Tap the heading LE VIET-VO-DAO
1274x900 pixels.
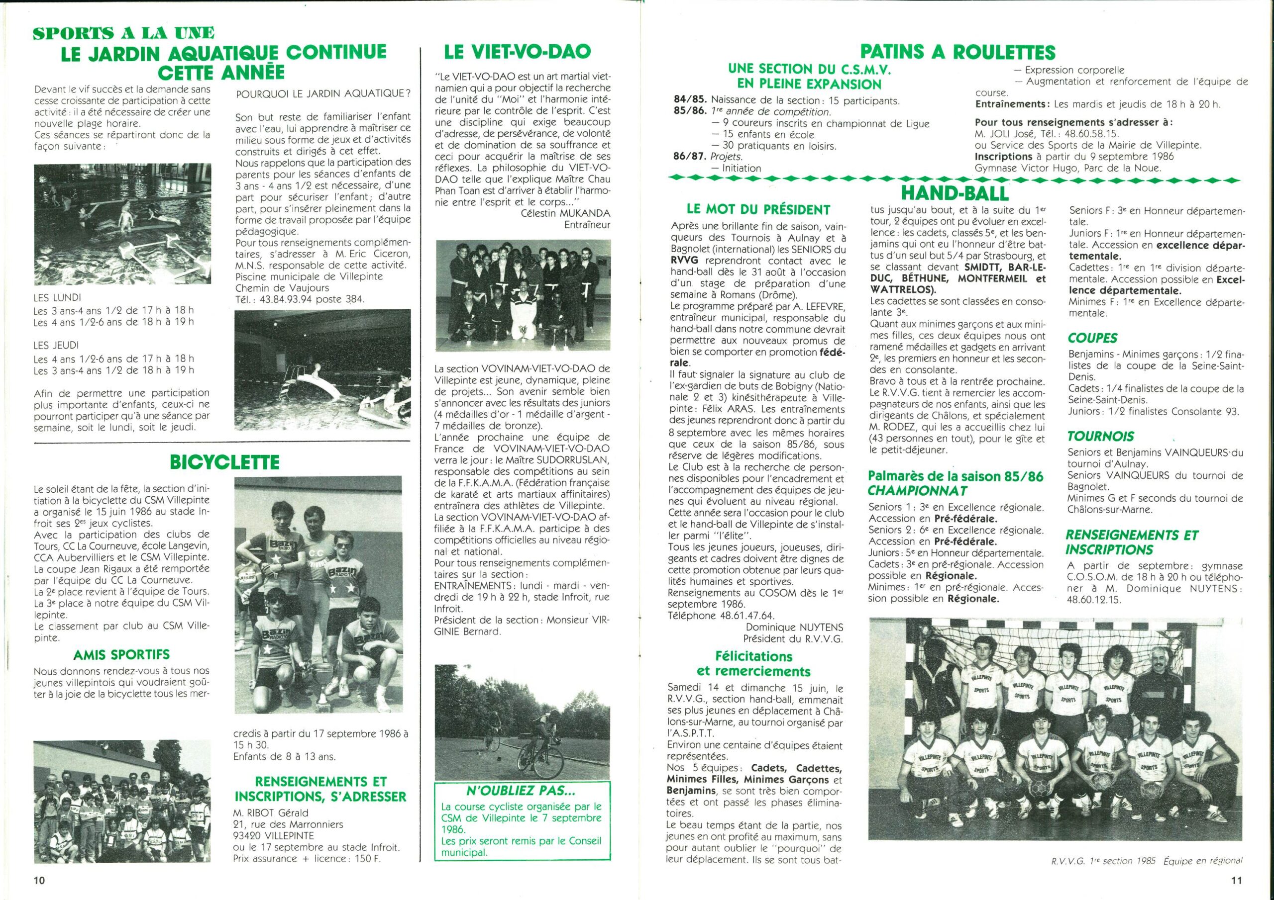(517, 52)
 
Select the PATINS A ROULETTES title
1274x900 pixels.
(957, 52)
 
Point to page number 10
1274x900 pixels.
(39, 880)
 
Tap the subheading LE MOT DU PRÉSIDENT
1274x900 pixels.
(758, 210)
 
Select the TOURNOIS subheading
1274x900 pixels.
(1092, 437)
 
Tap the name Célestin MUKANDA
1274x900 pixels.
(565, 213)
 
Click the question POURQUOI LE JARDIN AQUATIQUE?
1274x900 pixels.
(323, 93)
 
